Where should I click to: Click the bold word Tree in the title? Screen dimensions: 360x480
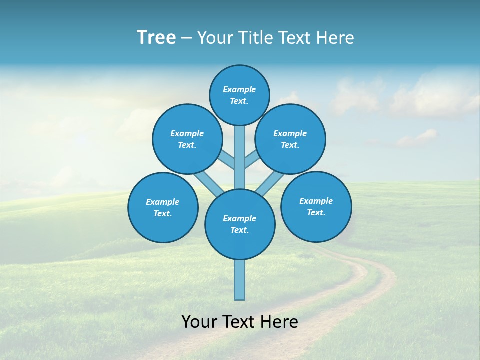(156, 38)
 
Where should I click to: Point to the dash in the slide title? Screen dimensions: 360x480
(186, 38)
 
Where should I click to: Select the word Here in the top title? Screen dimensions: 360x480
(335, 38)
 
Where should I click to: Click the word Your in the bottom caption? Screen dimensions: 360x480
(200, 322)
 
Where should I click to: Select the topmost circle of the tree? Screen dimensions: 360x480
(239, 95)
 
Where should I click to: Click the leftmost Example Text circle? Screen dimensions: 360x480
(163, 207)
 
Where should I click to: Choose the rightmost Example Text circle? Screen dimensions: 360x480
(316, 206)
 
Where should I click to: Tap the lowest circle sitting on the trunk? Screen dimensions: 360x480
(240, 224)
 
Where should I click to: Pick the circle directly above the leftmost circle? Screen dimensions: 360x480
(187, 139)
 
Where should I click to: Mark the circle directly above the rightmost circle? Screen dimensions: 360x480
(290, 139)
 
